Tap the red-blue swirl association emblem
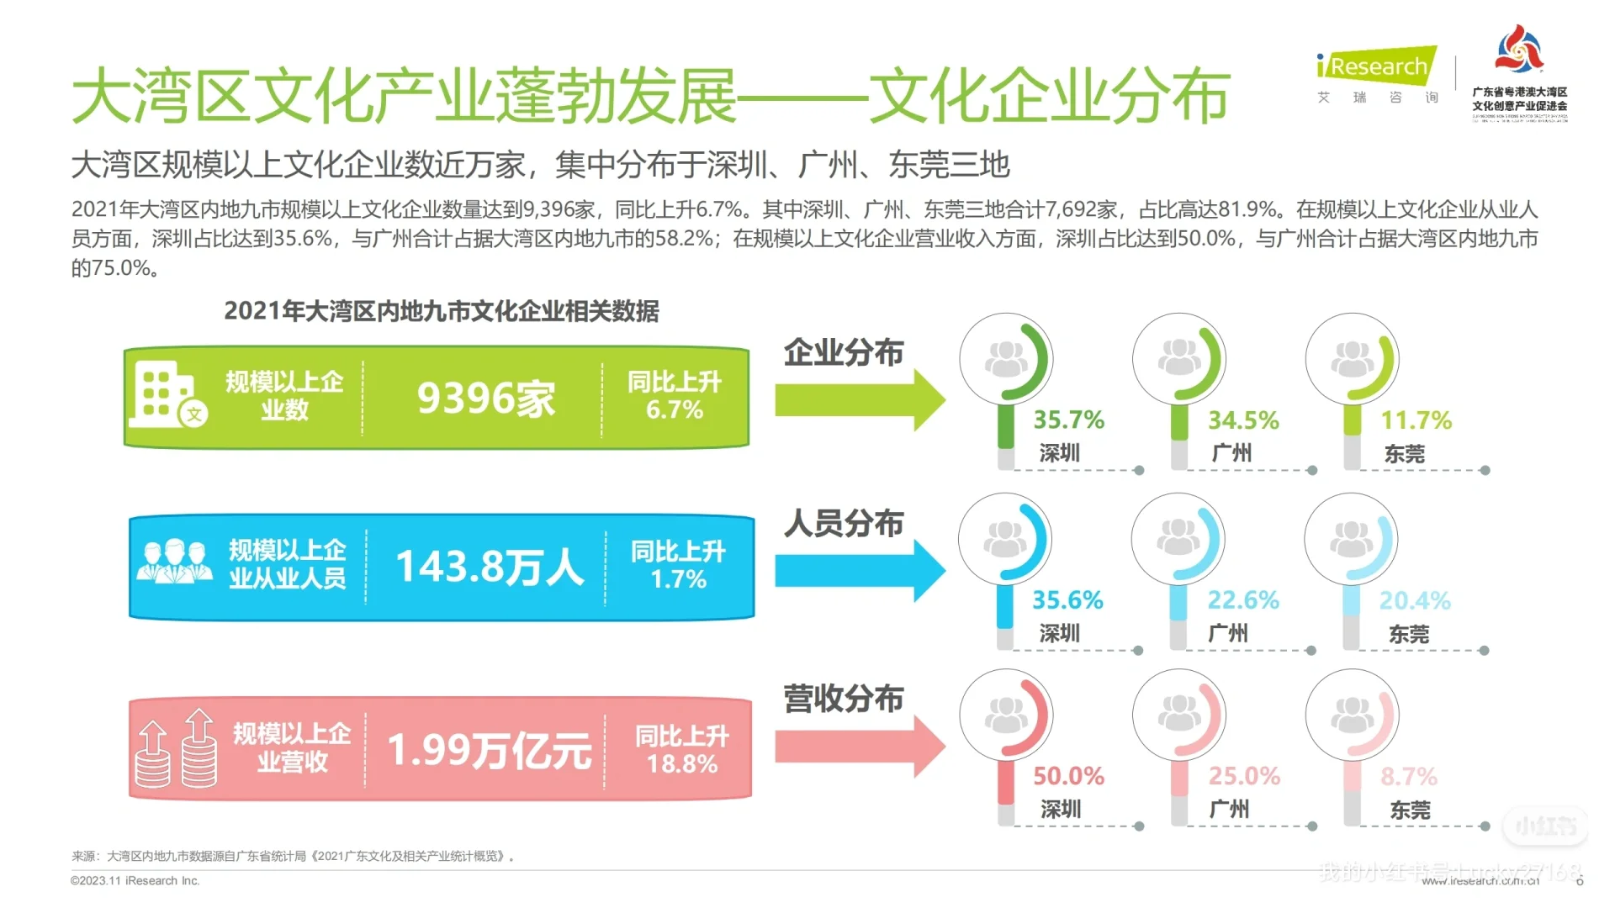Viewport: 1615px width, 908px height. coord(1518,50)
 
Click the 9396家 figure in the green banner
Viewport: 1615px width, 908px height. coord(486,398)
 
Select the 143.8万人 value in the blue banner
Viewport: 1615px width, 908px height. coord(489,567)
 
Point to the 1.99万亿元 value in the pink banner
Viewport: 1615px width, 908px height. coord(489,749)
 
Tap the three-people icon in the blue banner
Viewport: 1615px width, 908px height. coord(174,562)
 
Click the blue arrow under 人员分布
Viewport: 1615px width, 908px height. coord(858,571)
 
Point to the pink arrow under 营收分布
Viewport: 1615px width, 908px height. coord(858,746)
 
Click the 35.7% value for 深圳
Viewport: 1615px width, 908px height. coord(1068,420)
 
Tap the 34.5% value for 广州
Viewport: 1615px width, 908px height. coord(1243,420)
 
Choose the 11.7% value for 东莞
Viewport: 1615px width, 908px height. coord(1416,420)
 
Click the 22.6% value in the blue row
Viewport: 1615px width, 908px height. coord(1243,600)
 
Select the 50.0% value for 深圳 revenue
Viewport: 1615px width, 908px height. coord(1068,776)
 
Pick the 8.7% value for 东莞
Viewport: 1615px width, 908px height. coord(1408,777)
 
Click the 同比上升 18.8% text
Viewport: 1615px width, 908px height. coord(681,750)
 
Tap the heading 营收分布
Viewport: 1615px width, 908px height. coord(843,699)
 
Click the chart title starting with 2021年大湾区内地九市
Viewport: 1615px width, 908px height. coord(441,311)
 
